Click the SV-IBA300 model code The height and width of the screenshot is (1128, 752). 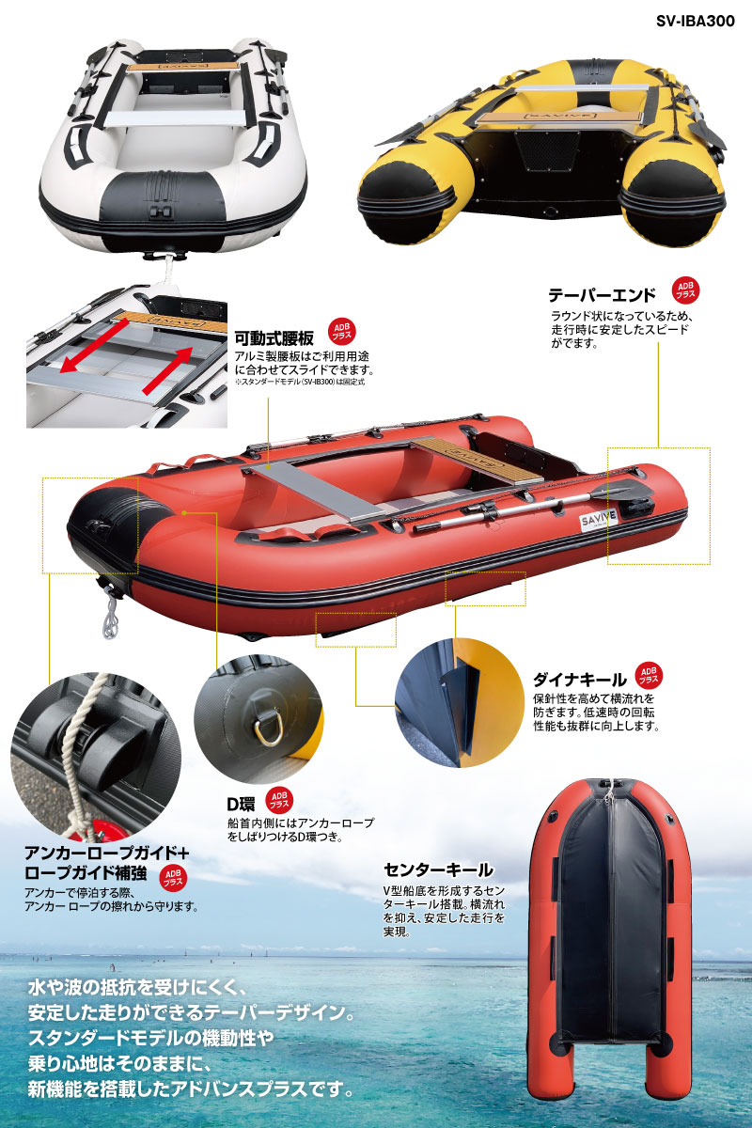pos(695,21)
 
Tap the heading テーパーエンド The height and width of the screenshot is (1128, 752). pos(602,295)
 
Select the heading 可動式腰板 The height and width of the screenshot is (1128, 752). pos(274,337)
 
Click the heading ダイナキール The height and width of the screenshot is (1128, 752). pos(580,681)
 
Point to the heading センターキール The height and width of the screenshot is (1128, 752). pos(438,869)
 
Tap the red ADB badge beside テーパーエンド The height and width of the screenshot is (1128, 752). pos(685,290)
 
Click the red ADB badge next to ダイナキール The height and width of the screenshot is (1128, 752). pos(649,676)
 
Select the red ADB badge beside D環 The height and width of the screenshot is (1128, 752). pos(278,800)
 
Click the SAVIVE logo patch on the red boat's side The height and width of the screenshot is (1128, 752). pos(599,519)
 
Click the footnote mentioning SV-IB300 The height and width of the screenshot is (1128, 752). pos(300,382)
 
